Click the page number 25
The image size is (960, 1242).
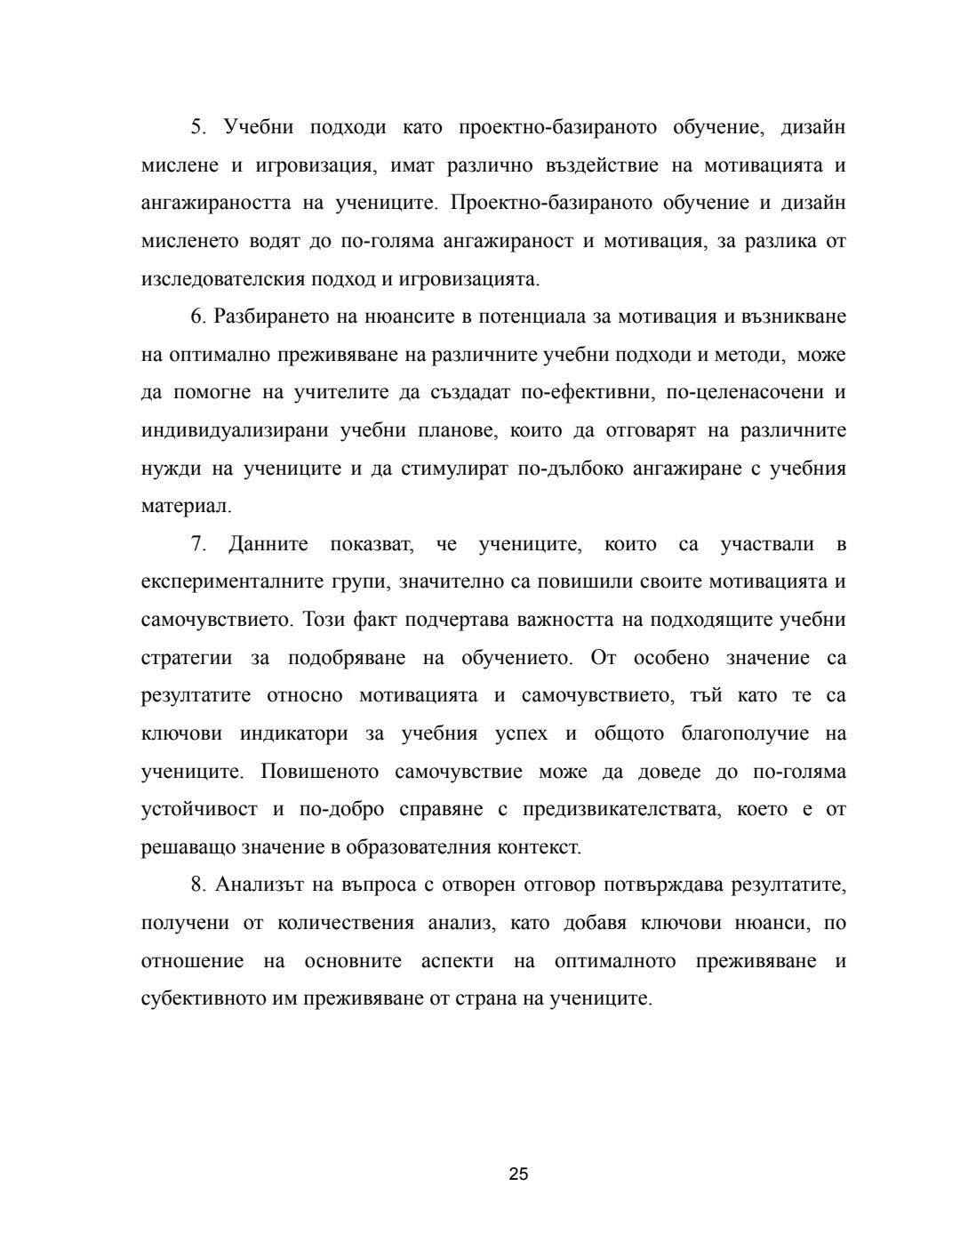[x=519, y=1174]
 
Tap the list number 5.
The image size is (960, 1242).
[x=197, y=127]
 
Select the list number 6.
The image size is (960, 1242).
[x=197, y=317]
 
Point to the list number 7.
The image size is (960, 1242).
[x=197, y=544]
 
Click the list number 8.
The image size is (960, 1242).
[x=197, y=885]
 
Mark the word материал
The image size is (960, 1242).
[x=186, y=507]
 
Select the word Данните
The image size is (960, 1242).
[x=268, y=544]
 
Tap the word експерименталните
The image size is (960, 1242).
[x=238, y=582]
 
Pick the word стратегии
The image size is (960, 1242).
[x=187, y=658]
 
